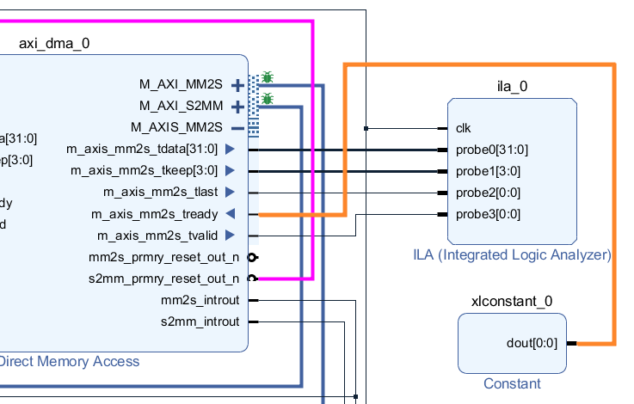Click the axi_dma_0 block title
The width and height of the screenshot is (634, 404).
[x=53, y=43]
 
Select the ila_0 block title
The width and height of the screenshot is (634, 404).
[x=512, y=86]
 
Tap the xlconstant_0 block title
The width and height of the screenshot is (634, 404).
[x=512, y=301]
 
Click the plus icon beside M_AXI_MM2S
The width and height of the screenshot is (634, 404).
[x=237, y=85]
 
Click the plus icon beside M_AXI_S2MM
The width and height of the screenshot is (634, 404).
[x=237, y=107]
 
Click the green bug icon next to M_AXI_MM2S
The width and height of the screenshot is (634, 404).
[x=268, y=77]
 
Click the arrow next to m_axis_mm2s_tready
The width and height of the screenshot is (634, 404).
[x=230, y=214]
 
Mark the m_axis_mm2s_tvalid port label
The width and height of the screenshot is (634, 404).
[x=157, y=236]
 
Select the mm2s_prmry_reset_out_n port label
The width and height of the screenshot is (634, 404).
[x=163, y=257]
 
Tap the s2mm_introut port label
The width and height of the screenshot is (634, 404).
[x=200, y=321]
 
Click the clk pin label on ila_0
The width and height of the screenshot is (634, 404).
[x=463, y=128]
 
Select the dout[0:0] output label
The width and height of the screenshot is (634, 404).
[x=532, y=343]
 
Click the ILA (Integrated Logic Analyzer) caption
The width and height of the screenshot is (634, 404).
[x=511, y=255]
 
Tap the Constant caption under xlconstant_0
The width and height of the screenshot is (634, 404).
[x=512, y=384]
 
